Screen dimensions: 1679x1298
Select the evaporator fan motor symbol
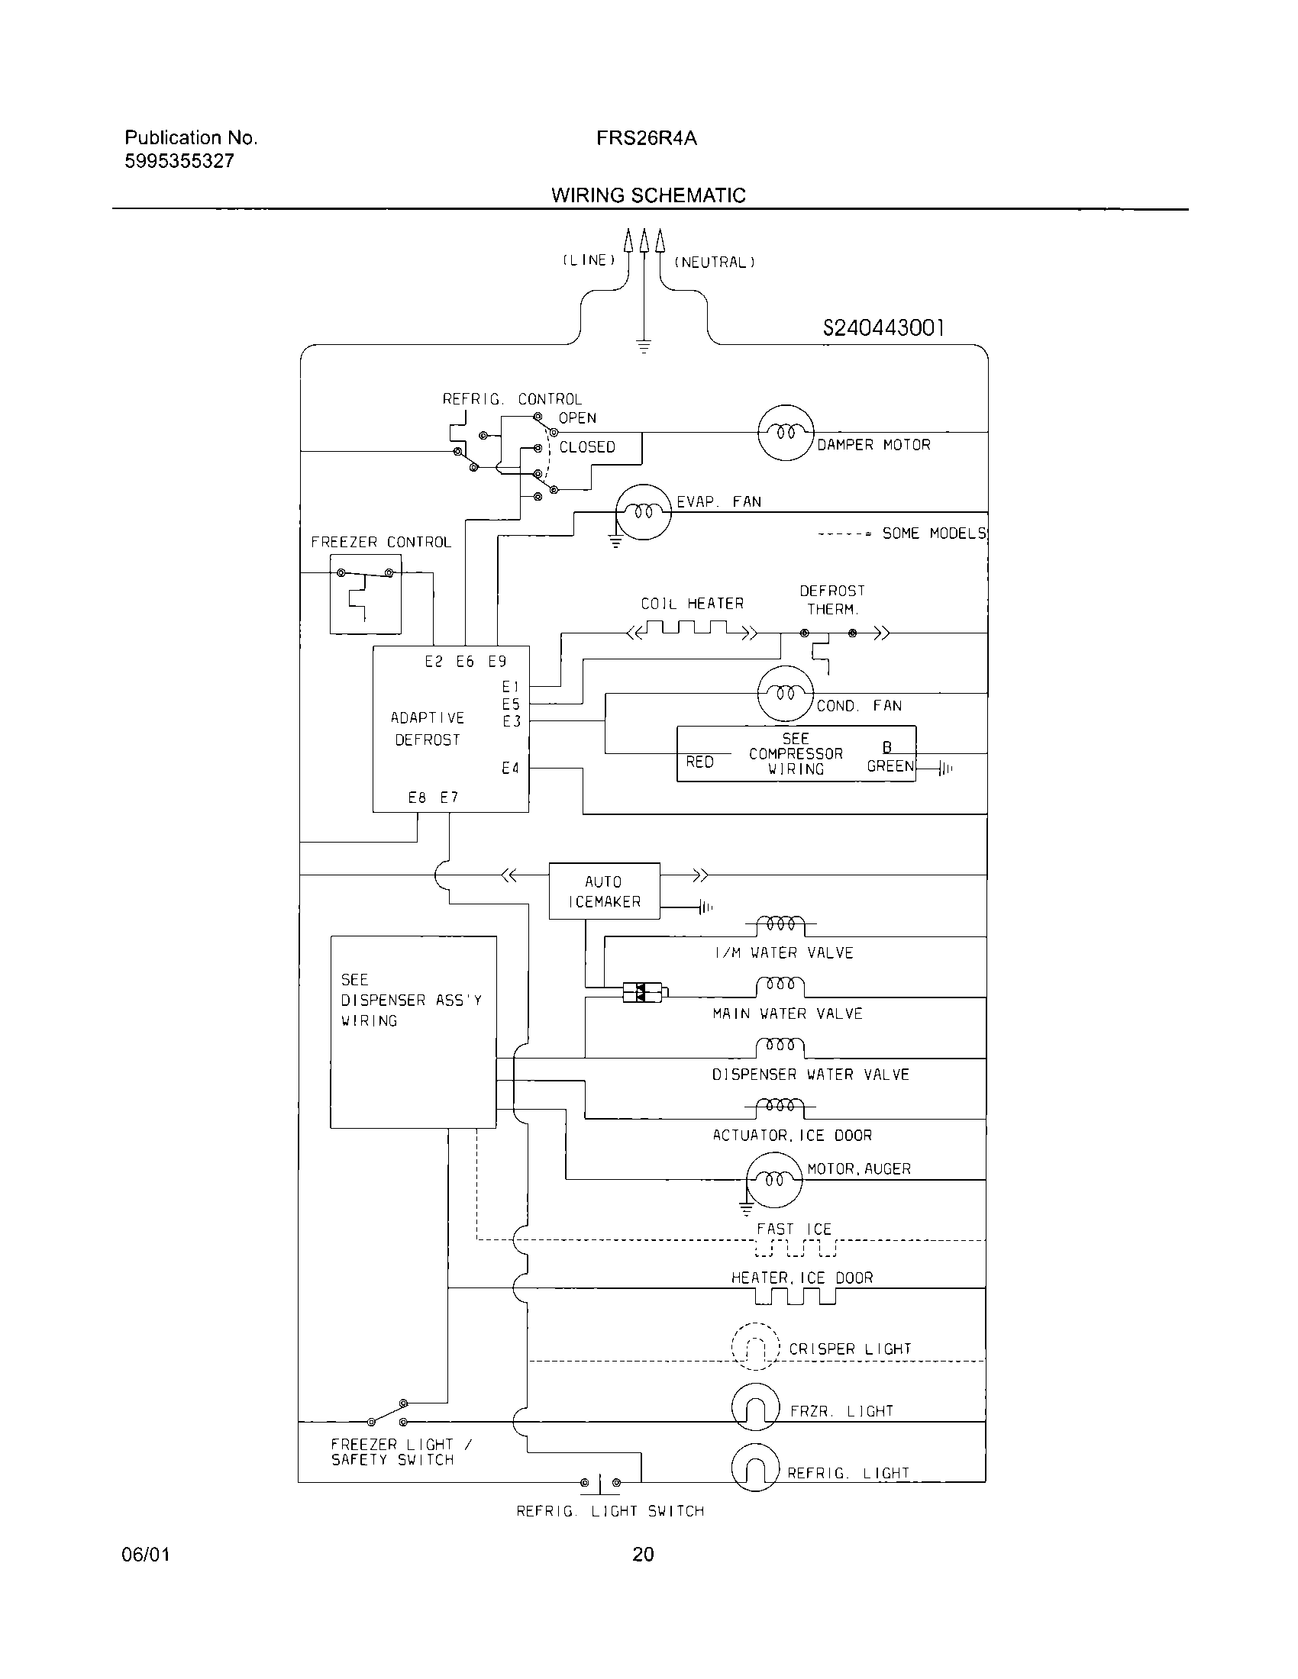point(643,512)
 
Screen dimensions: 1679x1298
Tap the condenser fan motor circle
point(785,694)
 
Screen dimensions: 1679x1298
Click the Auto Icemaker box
point(605,891)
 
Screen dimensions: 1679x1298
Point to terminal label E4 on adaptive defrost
point(511,768)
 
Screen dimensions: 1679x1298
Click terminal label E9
point(498,661)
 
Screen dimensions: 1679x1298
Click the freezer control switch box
point(365,595)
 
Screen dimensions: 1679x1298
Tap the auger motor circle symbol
point(774,1179)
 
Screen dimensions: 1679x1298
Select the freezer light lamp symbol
point(755,1407)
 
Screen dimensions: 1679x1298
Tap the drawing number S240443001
point(883,328)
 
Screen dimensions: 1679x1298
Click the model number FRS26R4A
point(646,138)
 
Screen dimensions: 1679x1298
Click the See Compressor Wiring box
point(796,753)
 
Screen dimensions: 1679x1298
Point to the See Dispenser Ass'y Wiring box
point(413,1032)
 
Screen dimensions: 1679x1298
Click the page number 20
point(643,1555)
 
